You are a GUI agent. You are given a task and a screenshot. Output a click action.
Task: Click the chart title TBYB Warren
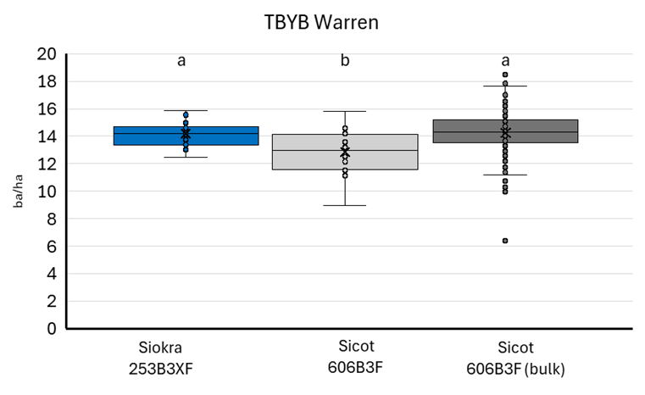point(321,23)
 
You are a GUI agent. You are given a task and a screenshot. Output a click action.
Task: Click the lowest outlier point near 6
point(505,241)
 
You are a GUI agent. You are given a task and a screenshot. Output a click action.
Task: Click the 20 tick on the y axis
point(47,54)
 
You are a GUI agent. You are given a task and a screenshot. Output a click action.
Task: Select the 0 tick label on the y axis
point(52,329)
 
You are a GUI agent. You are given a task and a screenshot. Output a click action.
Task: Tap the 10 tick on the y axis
point(47,192)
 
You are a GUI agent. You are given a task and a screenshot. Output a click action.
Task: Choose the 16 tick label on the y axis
point(47,109)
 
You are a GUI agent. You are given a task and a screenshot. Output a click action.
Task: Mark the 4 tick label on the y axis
point(52,274)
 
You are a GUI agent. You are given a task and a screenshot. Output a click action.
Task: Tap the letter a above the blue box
point(181,60)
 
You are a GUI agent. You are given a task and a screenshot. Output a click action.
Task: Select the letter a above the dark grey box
point(505,60)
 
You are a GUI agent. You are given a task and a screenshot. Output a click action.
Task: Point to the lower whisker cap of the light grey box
point(344,205)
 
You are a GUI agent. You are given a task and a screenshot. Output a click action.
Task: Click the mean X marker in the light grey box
point(345,153)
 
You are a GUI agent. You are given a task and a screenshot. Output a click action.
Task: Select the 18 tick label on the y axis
point(47,82)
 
